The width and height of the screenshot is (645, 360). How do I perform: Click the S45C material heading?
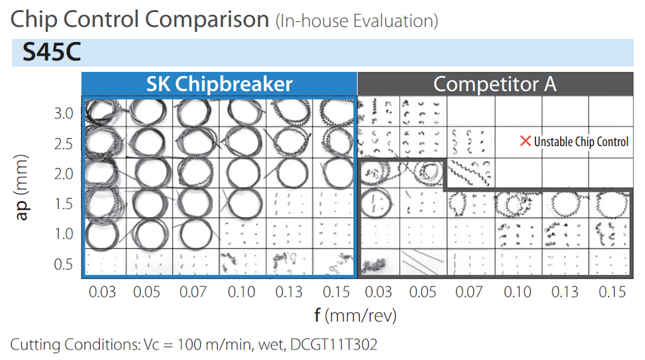(x=52, y=53)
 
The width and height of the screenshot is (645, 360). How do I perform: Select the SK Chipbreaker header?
(x=219, y=84)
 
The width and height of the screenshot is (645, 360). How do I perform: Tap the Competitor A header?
(x=494, y=84)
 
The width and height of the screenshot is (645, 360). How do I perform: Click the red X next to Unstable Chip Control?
(x=525, y=141)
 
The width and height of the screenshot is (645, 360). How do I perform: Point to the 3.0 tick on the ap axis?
(x=63, y=113)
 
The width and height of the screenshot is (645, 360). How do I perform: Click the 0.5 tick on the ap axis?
(x=63, y=264)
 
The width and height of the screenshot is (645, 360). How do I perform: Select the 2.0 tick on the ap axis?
(x=63, y=174)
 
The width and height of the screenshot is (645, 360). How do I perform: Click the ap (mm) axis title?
(x=22, y=188)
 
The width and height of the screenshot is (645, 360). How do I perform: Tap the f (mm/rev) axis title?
(x=355, y=315)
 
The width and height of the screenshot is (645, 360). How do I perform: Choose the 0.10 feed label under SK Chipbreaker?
(x=242, y=292)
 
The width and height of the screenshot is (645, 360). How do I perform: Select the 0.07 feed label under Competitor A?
(x=469, y=292)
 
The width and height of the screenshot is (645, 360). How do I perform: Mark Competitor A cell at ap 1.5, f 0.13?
(x=565, y=203)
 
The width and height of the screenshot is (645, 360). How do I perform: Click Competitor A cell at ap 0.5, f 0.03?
(x=380, y=263)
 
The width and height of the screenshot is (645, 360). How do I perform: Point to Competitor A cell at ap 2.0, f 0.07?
(x=470, y=173)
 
